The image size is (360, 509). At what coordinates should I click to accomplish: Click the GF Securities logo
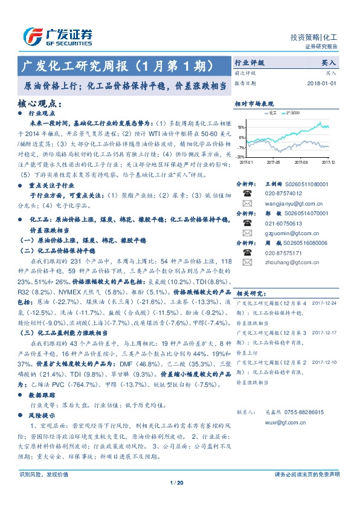click(58, 37)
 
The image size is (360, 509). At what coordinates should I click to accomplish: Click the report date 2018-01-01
click(320, 83)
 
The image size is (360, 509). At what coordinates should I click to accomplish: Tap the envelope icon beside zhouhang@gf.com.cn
click(247, 262)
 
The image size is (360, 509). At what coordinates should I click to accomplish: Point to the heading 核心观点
click(40, 103)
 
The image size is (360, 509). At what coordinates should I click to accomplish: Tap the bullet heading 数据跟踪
click(42, 394)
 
